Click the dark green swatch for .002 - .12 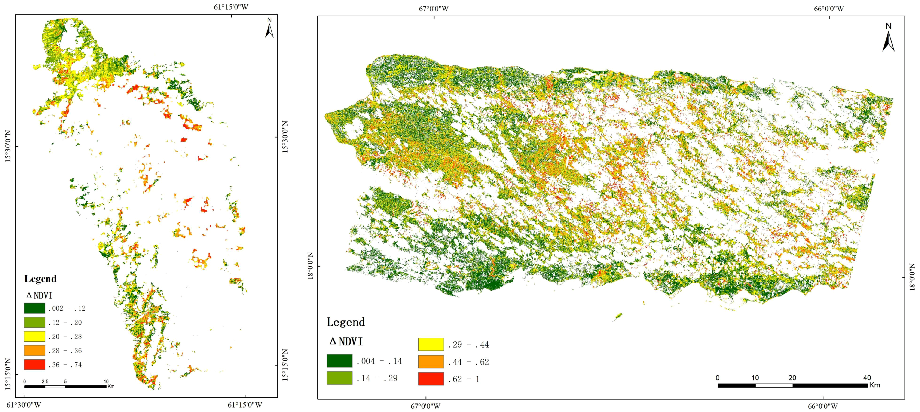(x=35, y=308)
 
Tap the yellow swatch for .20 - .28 (x=35, y=336)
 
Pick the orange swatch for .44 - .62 (x=431, y=362)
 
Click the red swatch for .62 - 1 (x=431, y=379)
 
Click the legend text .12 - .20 (x=65, y=322)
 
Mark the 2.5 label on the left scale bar (x=45, y=381)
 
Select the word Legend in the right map (x=346, y=322)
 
